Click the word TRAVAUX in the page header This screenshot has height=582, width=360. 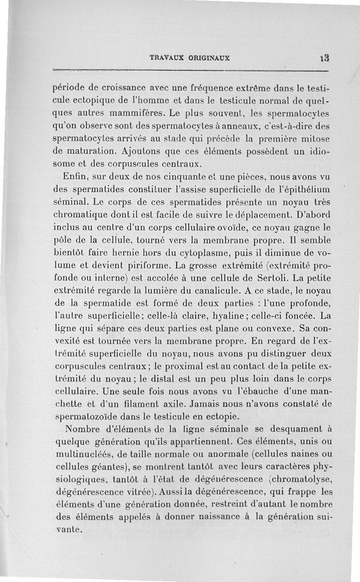coord(164,58)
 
